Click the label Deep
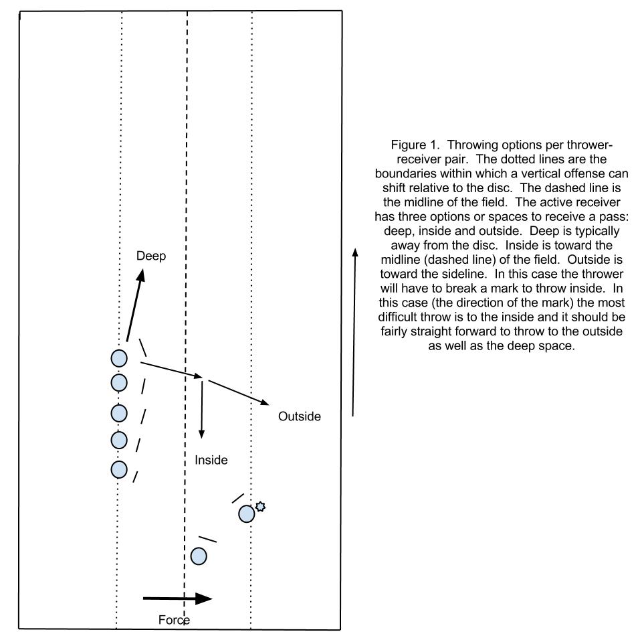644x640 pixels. tap(151, 256)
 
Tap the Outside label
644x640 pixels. tap(300, 416)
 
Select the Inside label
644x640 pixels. tap(211, 460)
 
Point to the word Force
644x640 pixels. tap(174, 620)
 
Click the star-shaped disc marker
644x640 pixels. tap(260, 506)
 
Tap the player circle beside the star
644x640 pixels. tap(246, 514)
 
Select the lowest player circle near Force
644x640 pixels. tap(199, 556)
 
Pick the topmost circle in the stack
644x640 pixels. tap(119, 358)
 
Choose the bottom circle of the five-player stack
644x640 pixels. tap(119, 470)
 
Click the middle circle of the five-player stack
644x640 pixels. tap(119, 413)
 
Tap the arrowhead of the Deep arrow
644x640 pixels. tap(141, 275)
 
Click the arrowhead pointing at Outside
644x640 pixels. tap(264, 402)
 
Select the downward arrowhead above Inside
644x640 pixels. tap(201, 434)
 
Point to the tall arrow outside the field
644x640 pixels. tap(354, 333)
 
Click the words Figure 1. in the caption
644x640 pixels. tap(415, 145)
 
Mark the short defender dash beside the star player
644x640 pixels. tap(238, 498)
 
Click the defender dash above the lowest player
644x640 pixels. tap(207, 539)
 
